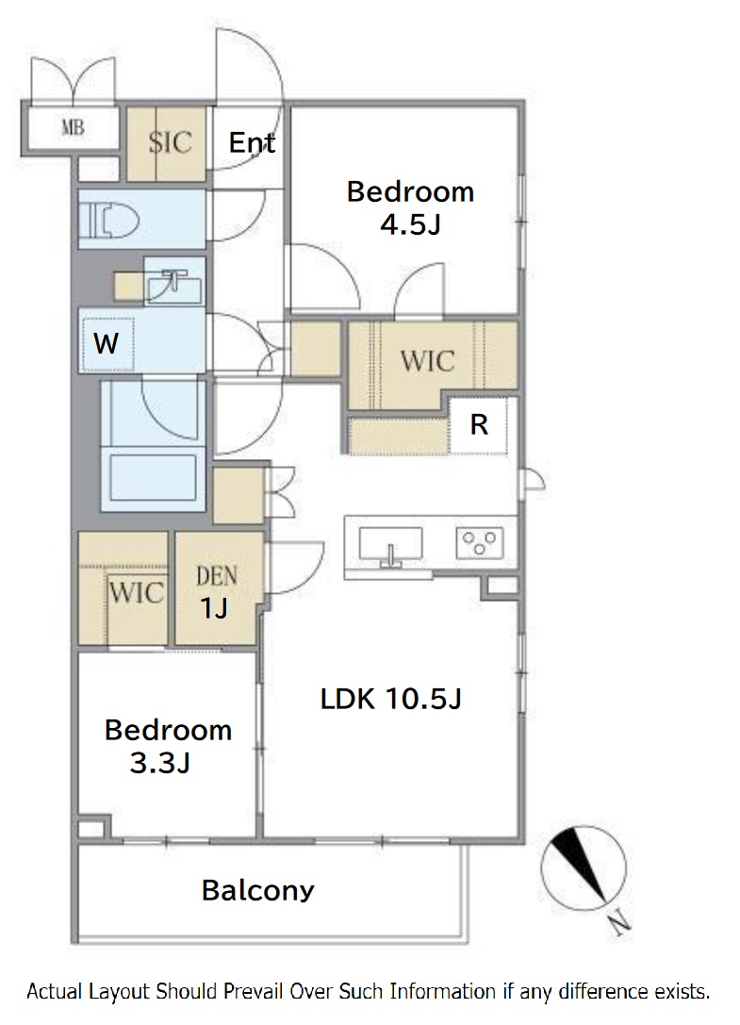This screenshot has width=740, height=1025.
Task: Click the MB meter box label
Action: pyautogui.click(x=73, y=126)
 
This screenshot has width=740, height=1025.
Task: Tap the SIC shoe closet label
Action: pyautogui.click(x=170, y=141)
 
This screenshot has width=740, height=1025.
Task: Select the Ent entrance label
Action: pyautogui.click(x=253, y=142)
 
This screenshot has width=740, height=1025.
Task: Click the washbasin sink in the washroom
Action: pyautogui.click(x=173, y=286)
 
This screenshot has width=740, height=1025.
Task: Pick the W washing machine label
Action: pyautogui.click(x=106, y=342)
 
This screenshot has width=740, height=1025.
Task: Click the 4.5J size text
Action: pyautogui.click(x=410, y=224)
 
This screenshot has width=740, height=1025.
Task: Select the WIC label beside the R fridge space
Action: pyautogui.click(x=427, y=361)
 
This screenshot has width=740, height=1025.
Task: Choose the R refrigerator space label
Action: pyautogui.click(x=479, y=425)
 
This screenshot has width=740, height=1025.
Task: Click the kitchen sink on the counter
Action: pyautogui.click(x=390, y=546)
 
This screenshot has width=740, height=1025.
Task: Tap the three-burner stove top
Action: pyautogui.click(x=479, y=542)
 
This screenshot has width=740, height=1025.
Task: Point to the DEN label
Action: pyautogui.click(x=217, y=576)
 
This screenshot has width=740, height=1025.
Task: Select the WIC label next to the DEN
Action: pyautogui.click(x=136, y=593)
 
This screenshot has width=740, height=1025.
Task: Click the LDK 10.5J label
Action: pyautogui.click(x=391, y=699)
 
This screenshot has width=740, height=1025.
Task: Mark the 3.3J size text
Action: pyautogui.click(x=160, y=763)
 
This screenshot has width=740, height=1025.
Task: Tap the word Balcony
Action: pyautogui.click(x=257, y=890)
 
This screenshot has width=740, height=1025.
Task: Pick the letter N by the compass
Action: pyautogui.click(x=619, y=924)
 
